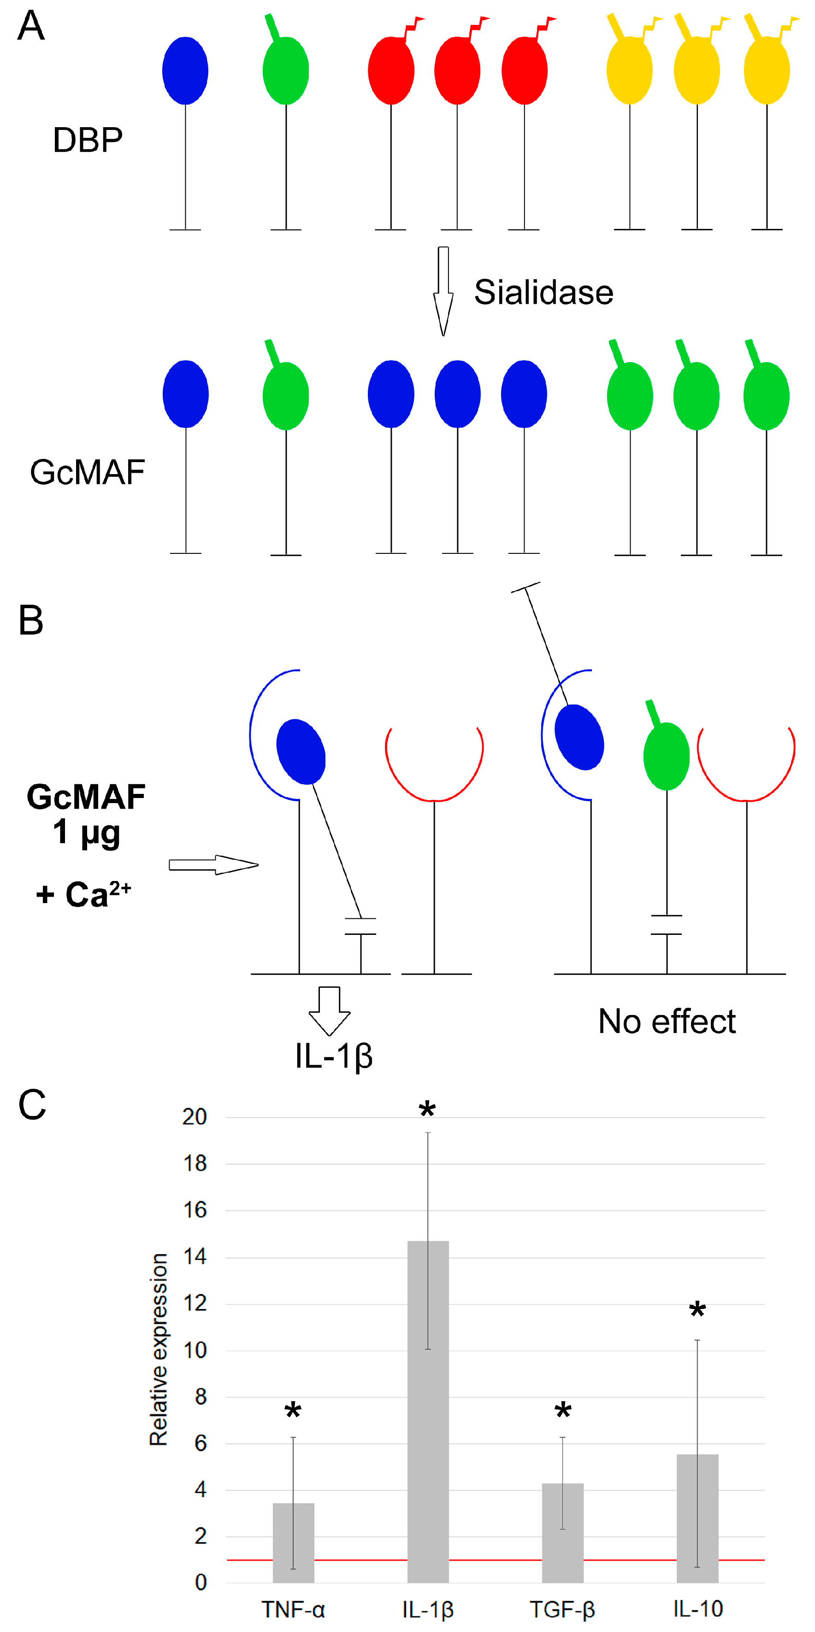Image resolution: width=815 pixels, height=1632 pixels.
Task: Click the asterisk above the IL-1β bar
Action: coord(427,1110)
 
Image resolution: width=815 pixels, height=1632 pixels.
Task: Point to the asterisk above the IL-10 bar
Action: coord(697,1311)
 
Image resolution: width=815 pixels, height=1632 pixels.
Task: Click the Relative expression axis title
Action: coord(159,1350)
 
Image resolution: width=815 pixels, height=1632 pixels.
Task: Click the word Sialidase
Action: coord(544,293)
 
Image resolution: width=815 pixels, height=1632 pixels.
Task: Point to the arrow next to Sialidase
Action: coord(443,290)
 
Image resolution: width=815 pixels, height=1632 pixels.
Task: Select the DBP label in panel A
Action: coord(88,140)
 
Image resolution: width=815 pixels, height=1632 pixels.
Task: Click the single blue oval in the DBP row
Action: coord(185,70)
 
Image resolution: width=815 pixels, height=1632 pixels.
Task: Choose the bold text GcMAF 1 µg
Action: coord(86,814)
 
